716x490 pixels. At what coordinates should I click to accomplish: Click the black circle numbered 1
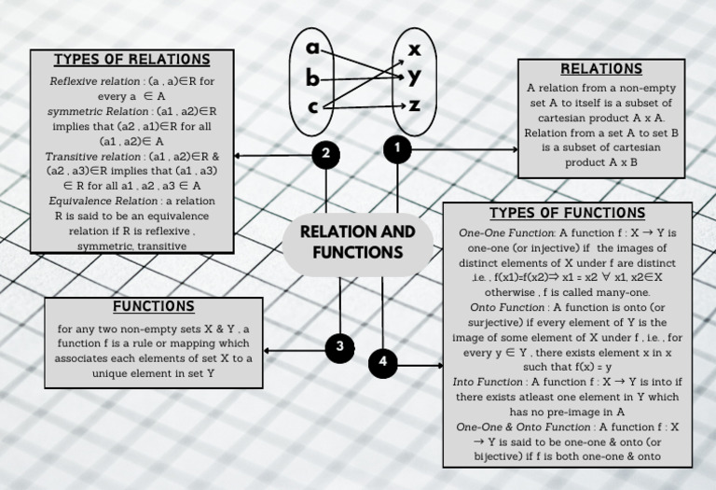(398, 147)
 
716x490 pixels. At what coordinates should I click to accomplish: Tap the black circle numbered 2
(325, 155)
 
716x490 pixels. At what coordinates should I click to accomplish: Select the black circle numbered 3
(339, 347)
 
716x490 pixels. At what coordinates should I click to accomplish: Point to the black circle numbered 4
(383, 363)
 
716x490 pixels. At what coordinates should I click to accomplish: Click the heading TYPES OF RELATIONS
(131, 60)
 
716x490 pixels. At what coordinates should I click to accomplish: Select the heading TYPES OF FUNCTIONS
(567, 213)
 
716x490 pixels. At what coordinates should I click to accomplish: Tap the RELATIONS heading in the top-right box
(601, 69)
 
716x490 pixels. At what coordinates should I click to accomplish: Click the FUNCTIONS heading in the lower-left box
(154, 306)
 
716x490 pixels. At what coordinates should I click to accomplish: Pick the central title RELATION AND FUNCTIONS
(358, 242)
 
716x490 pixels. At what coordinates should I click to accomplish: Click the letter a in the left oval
(313, 47)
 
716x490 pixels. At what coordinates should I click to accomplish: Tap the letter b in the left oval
(313, 79)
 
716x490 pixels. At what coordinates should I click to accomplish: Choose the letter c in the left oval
(313, 107)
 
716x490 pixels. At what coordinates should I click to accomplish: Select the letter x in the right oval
(415, 48)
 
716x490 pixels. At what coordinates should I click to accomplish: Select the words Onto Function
(508, 306)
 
